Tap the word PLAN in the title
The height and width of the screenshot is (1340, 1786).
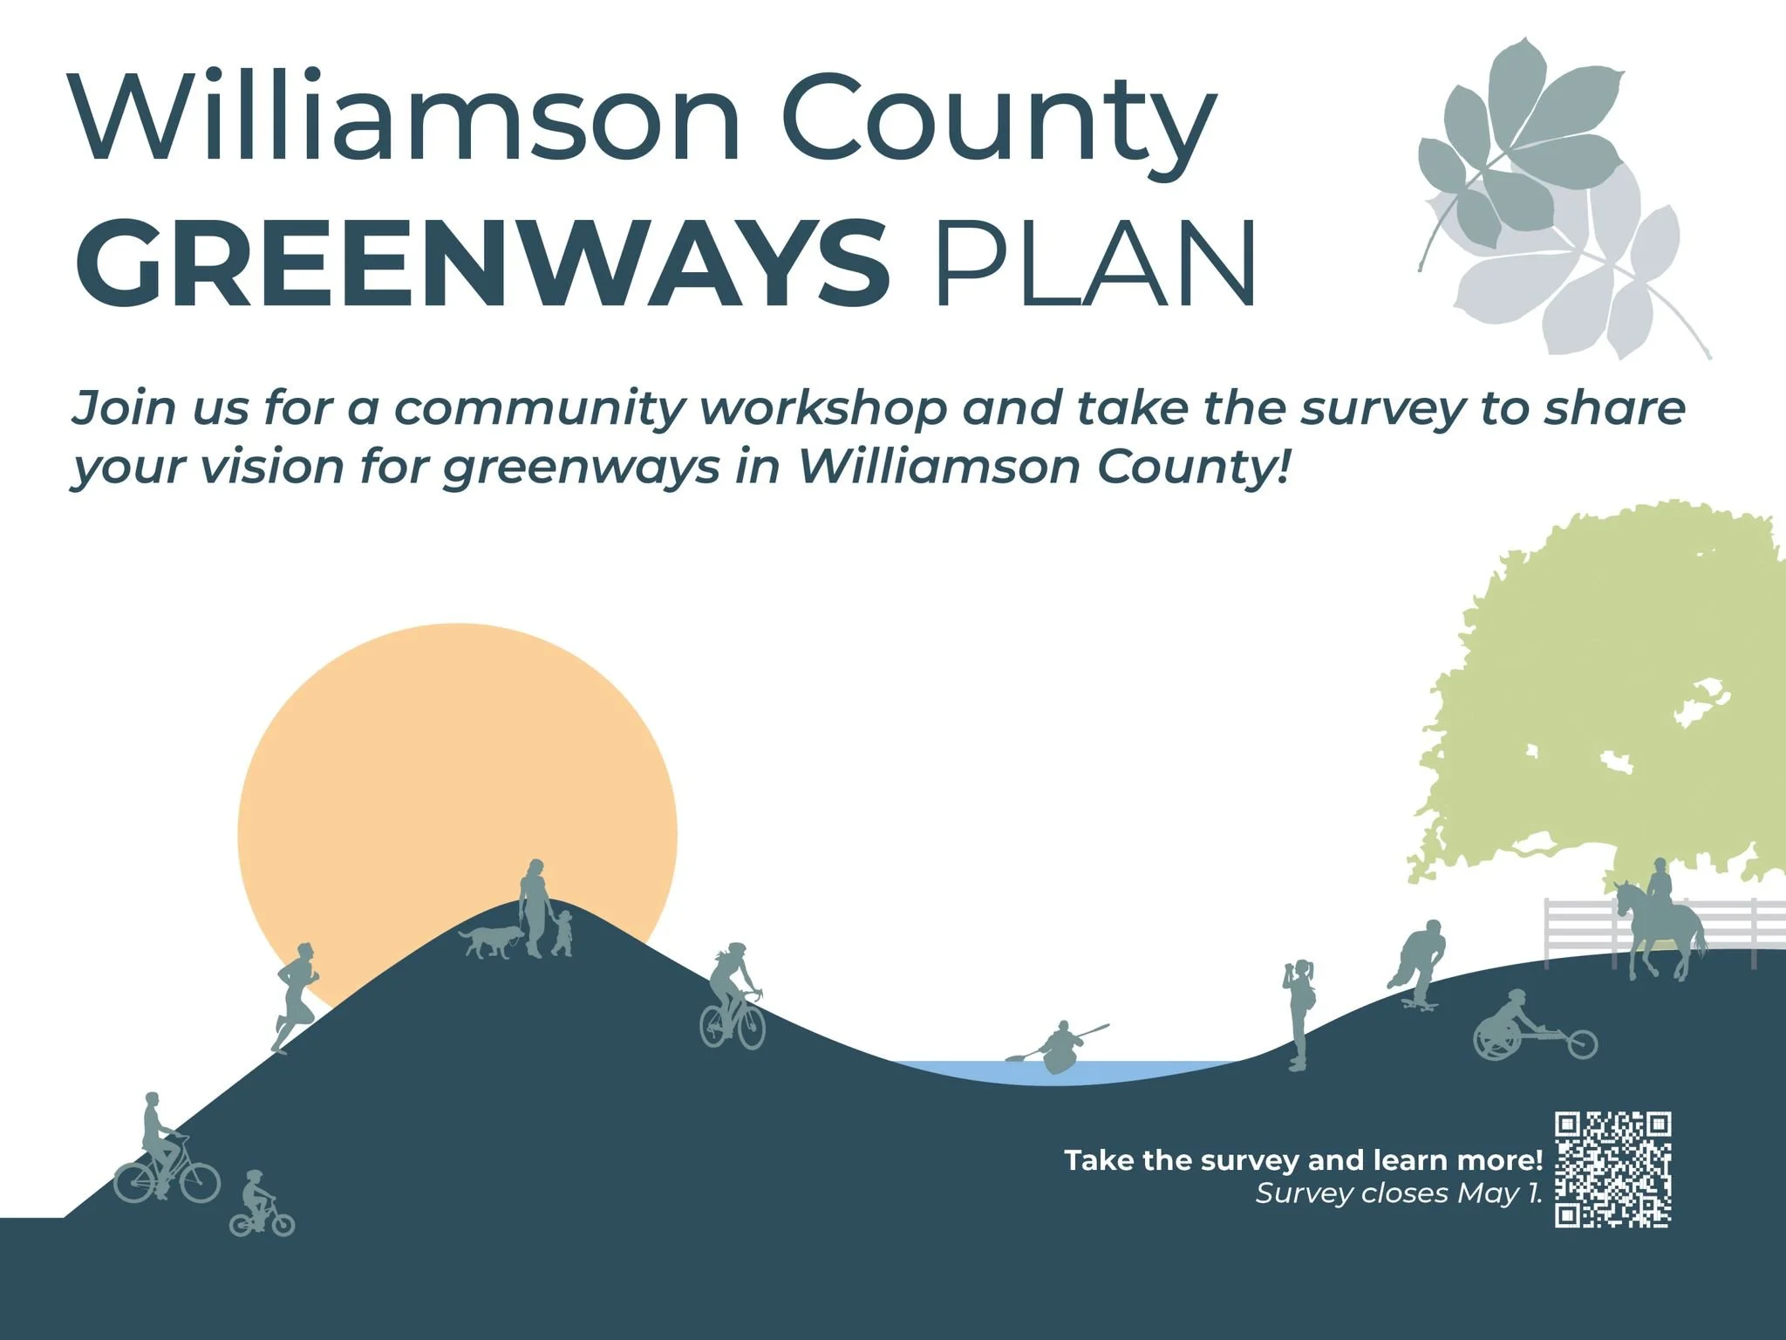pyautogui.click(x=1094, y=262)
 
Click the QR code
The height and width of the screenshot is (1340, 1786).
pyautogui.click(x=1613, y=1170)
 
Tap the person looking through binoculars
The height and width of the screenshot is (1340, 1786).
pyautogui.click(x=1299, y=1012)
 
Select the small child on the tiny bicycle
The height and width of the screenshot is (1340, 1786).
pyautogui.click(x=259, y=1205)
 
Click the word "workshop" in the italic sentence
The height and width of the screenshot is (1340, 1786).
pyautogui.click(x=824, y=408)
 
